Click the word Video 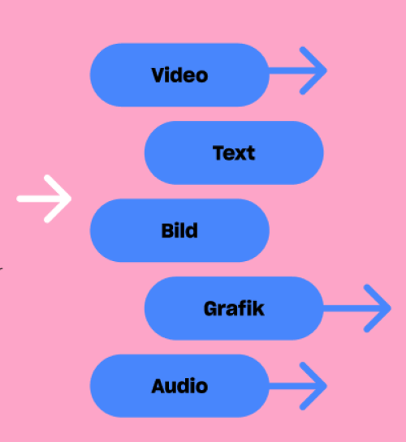(x=179, y=75)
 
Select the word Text (x=234, y=153)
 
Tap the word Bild (x=179, y=230)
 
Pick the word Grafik (x=234, y=308)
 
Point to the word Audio (x=179, y=386)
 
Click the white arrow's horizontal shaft (x=43, y=199)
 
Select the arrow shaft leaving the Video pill (x=296, y=71)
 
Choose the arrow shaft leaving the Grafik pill (x=356, y=308)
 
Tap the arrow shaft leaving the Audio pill (x=296, y=386)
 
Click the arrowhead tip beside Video (x=326, y=71)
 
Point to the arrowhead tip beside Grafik (x=391, y=308)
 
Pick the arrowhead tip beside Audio (x=326, y=386)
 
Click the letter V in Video (x=160, y=75)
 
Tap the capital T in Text (x=220, y=153)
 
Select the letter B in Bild (x=167, y=231)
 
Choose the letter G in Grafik (x=211, y=309)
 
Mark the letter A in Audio (x=160, y=386)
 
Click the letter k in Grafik (x=259, y=308)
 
